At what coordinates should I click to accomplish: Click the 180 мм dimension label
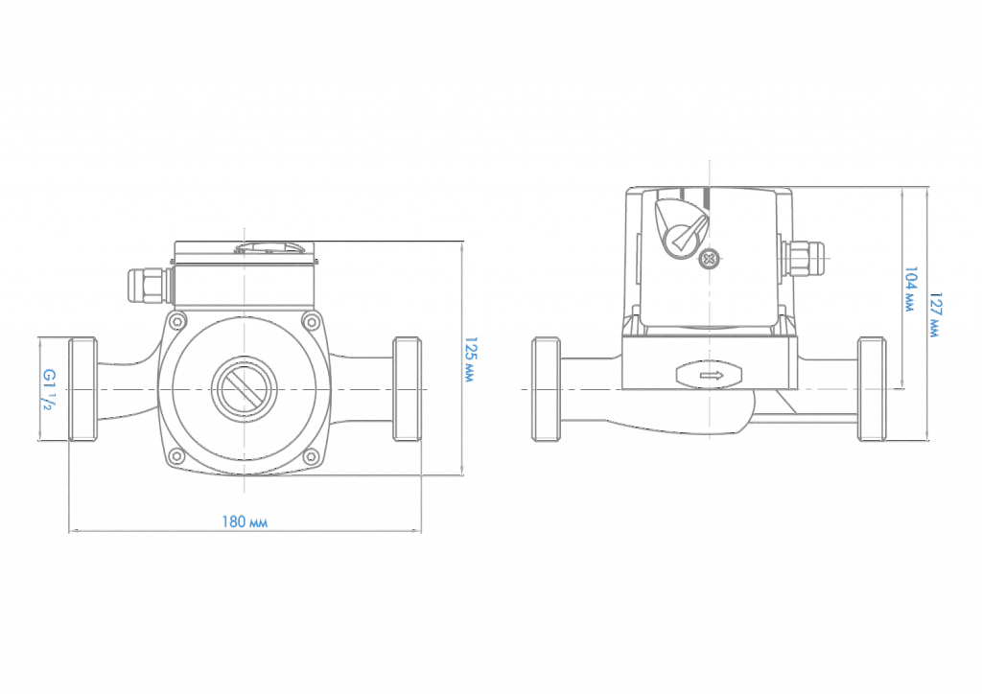point(245,521)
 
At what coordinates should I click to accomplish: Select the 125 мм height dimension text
point(471,359)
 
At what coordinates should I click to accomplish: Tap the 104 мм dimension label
point(910,289)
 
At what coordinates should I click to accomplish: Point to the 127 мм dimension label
point(935,314)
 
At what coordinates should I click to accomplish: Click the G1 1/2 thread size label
point(49,389)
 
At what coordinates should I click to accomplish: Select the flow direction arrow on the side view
point(710,376)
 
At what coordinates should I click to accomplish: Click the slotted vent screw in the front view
point(245,389)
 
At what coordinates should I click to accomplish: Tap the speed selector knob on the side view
point(682,226)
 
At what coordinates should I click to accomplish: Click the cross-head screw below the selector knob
point(709,259)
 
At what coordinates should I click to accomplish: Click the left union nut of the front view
point(82,389)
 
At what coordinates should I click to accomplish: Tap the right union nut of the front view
point(407,389)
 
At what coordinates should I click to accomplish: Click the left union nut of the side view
point(546,389)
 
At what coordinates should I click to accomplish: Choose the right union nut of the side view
point(872,389)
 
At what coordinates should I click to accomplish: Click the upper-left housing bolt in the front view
point(177,322)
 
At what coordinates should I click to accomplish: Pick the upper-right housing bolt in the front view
point(311,322)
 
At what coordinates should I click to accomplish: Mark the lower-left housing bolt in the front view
point(177,457)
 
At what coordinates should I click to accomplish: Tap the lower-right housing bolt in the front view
point(311,457)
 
